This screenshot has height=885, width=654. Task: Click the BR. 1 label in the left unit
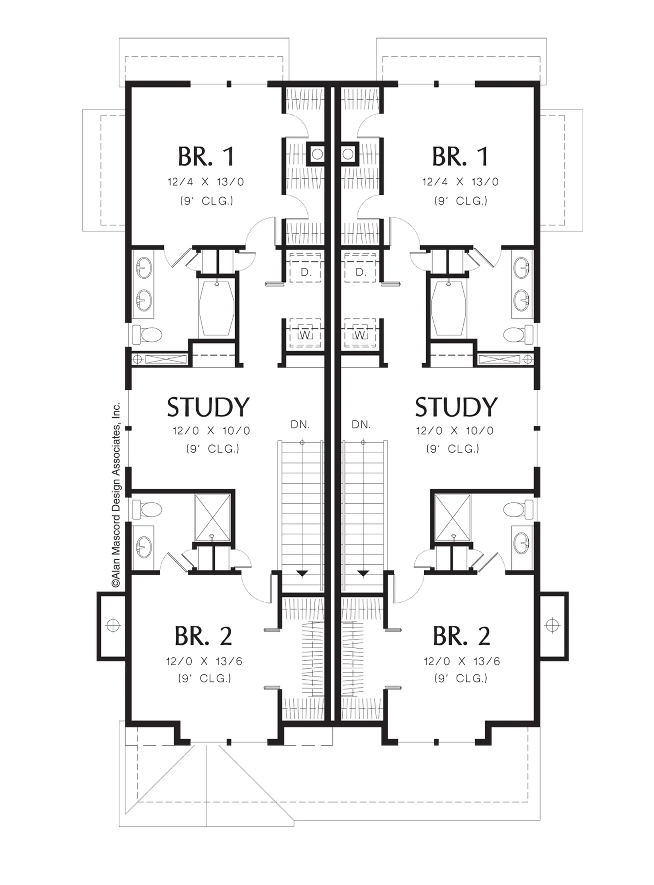[206, 157]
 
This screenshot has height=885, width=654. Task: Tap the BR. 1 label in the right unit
[460, 157]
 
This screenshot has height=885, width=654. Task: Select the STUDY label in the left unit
[208, 408]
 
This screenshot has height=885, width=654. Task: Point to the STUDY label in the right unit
[456, 408]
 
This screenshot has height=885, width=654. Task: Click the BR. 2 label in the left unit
[203, 636]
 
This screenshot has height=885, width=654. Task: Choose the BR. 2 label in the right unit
[461, 636]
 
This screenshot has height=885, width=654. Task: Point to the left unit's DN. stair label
[300, 425]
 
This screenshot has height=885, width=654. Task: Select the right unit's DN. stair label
[361, 425]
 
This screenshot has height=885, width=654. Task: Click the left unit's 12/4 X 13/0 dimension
[205, 182]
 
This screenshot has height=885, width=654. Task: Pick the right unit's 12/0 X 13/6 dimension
[461, 661]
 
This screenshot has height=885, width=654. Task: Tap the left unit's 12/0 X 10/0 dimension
[211, 431]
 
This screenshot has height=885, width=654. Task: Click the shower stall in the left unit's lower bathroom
[213, 517]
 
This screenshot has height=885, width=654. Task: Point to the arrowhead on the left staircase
[302, 574]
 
